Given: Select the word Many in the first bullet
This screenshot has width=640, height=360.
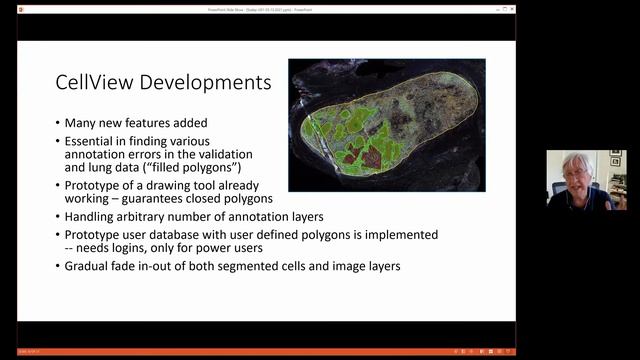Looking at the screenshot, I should [x=82, y=123].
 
